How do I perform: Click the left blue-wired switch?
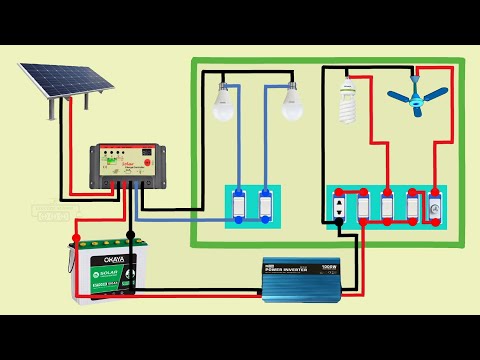click(x=241, y=205)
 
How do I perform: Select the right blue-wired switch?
click(x=265, y=205)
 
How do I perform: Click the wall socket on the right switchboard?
click(x=340, y=207)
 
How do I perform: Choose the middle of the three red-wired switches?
click(x=387, y=207)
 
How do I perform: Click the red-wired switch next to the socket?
click(x=363, y=207)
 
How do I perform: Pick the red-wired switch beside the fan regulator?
click(x=411, y=207)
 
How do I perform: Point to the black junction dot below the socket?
click(x=340, y=236)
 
